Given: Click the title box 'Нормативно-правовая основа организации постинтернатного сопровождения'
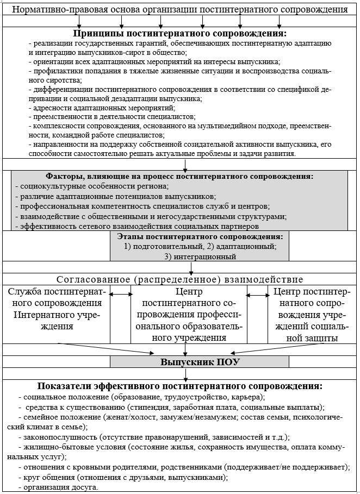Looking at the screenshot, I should pos(179,10).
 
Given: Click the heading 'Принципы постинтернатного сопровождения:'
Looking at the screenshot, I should pos(179,33).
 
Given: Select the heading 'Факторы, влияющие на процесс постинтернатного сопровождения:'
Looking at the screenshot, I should pos(179,176).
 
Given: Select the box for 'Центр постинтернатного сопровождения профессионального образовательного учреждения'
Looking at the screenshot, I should pos(189,315).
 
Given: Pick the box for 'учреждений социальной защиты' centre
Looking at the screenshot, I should pos(312,315).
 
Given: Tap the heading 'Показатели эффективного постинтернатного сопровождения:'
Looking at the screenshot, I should pos(179,386).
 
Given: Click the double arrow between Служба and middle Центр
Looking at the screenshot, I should pos(121,295).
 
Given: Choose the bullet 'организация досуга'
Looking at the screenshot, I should pos(59,487).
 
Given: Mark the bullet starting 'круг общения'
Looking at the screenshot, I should pos(123,477).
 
